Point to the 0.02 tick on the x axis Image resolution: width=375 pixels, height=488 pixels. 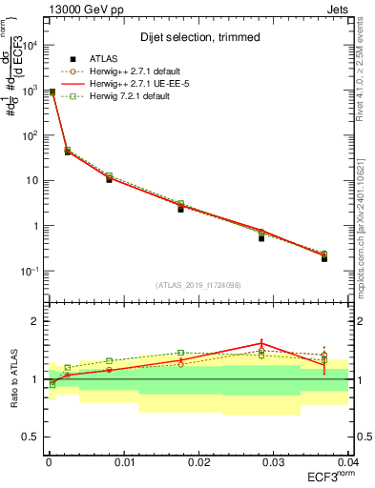[x=198, y=461]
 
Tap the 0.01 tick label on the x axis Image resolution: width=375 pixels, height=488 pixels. [x=123, y=461]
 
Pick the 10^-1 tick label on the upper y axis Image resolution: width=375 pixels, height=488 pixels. [x=31, y=272]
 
